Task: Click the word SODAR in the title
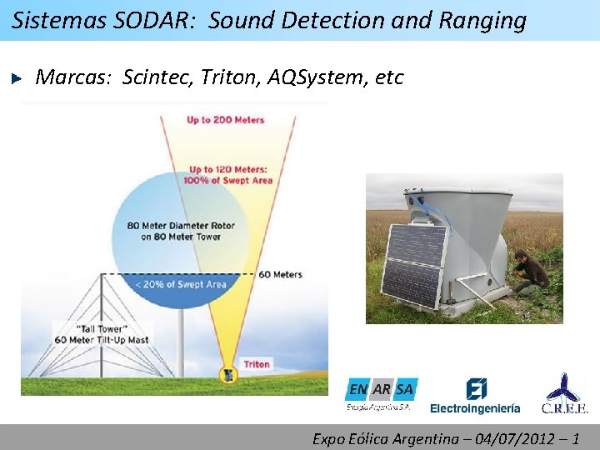[x=162, y=20]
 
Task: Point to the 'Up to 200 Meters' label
[x=225, y=120]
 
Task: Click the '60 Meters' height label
[x=280, y=274]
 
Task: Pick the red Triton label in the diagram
[x=257, y=364]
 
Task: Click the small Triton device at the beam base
[x=226, y=375]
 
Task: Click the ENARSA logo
[x=381, y=392]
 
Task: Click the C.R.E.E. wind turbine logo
[x=565, y=394]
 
